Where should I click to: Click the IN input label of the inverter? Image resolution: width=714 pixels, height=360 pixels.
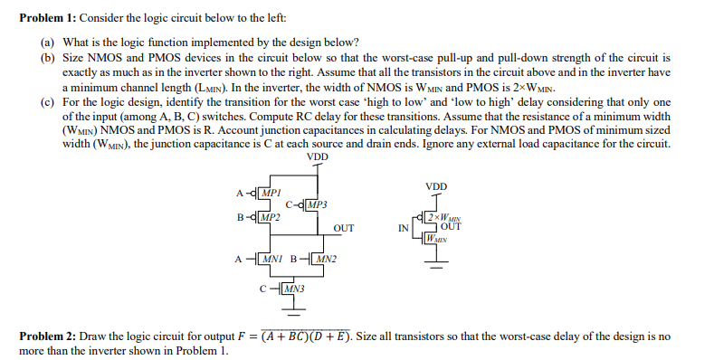[x=405, y=228]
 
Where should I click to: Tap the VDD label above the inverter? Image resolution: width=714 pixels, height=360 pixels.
[x=436, y=187]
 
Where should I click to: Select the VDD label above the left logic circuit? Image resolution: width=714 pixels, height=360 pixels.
[x=318, y=156]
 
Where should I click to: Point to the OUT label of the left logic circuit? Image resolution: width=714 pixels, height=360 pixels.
[x=344, y=229]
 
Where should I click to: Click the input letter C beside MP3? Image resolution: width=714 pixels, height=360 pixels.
[x=289, y=204]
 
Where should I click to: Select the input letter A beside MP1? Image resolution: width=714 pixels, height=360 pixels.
[x=239, y=193]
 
